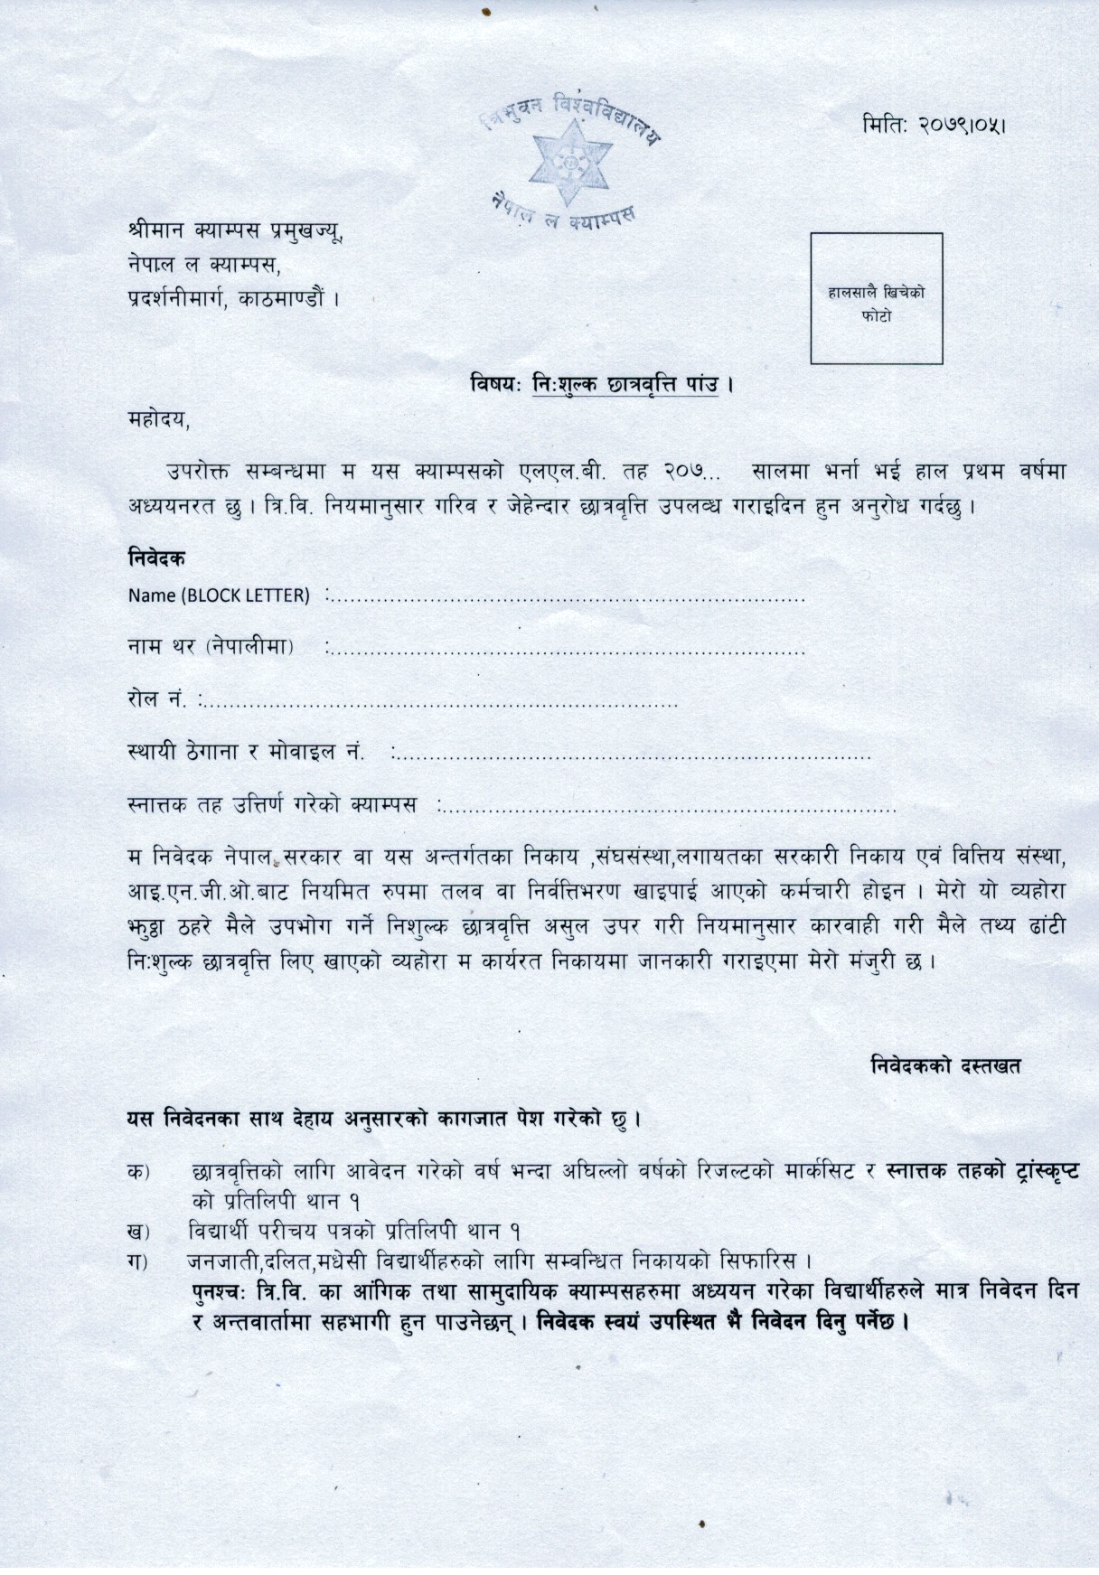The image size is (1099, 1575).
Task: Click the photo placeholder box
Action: click(x=876, y=298)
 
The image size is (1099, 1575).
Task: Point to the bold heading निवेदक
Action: click(x=156, y=558)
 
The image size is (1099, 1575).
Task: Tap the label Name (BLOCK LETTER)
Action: click(x=219, y=595)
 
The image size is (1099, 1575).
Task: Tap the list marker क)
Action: click(x=139, y=1172)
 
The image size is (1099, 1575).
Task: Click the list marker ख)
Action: click(x=139, y=1231)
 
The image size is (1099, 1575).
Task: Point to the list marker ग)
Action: click(x=139, y=1260)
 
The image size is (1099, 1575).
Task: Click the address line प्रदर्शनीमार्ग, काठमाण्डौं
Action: click(x=233, y=297)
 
